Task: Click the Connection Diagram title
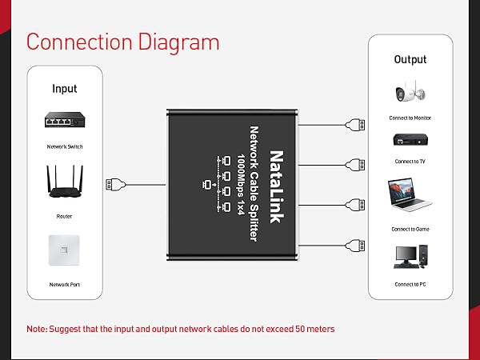[122, 42]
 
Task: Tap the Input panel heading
[65, 88]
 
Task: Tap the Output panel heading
[410, 59]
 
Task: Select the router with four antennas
[65, 182]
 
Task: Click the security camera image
[410, 93]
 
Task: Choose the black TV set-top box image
[410, 140]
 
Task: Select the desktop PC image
[410, 257]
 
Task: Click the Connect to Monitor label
[411, 118]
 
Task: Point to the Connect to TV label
[411, 161]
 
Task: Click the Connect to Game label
[411, 229]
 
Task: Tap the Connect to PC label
[411, 284]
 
